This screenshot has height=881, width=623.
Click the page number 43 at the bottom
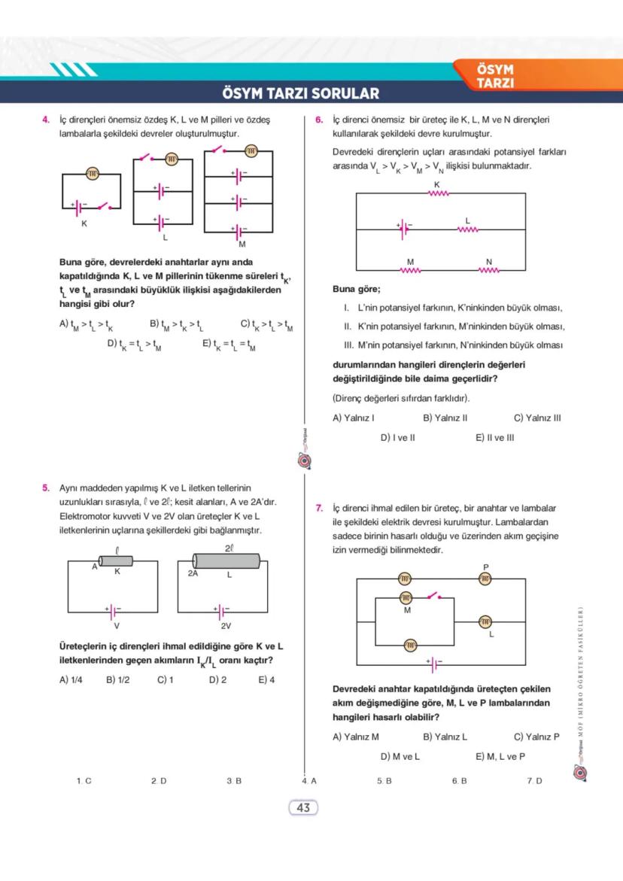[303, 808]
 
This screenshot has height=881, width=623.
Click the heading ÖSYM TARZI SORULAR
[301, 94]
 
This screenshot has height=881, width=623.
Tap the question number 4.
[45, 120]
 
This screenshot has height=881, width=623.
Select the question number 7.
[319, 507]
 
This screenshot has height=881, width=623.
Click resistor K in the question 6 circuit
[438, 193]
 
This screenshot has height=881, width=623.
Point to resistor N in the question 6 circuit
[489, 269]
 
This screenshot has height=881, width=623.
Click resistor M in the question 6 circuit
[411, 269]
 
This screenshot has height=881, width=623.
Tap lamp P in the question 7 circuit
[485, 578]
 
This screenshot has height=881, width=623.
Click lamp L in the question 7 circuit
[485, 621]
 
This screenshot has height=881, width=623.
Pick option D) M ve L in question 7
[400, 756]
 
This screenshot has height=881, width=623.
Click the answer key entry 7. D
[533, 781]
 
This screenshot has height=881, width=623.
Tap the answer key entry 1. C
[84, 781]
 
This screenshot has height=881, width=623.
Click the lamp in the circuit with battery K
[93, 174]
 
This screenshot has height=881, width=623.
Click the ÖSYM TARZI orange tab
[495, 76]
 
